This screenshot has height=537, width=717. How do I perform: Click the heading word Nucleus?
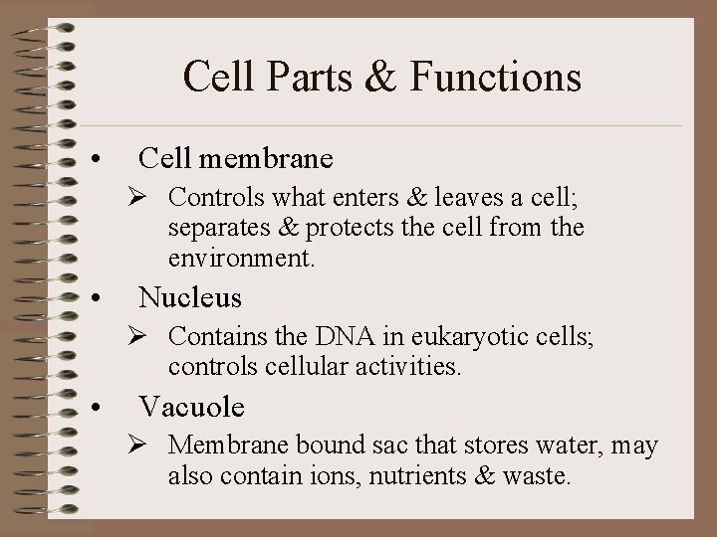click(190, 296)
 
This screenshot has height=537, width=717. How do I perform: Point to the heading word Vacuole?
click(192, 406)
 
